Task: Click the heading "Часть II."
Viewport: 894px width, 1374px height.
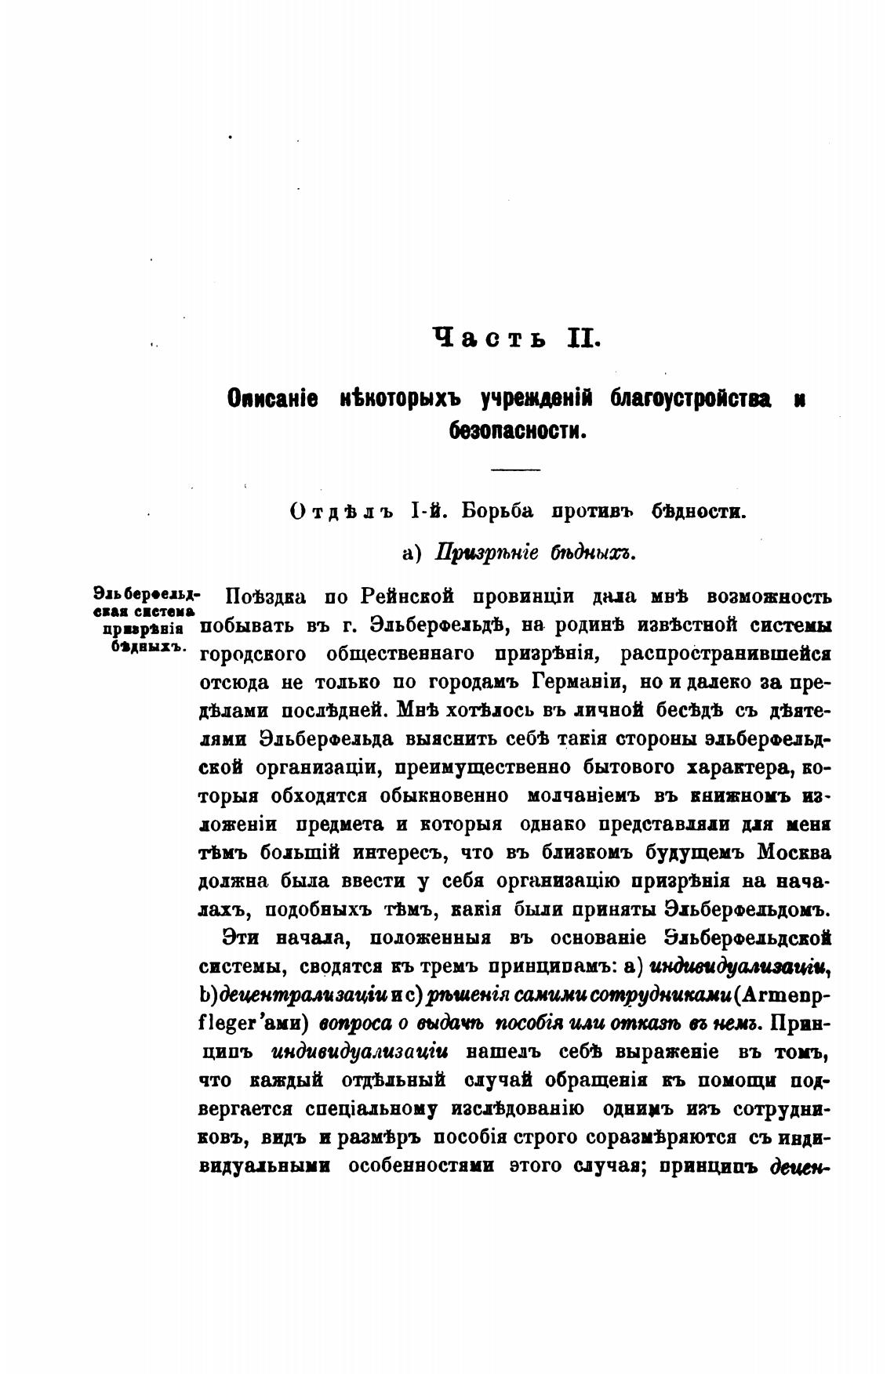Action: [515, 339]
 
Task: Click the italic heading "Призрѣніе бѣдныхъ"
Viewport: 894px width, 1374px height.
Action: [534, 553]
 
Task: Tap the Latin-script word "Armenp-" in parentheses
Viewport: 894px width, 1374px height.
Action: [786, 995]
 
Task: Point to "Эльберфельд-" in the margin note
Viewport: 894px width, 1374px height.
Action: [147, 592]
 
